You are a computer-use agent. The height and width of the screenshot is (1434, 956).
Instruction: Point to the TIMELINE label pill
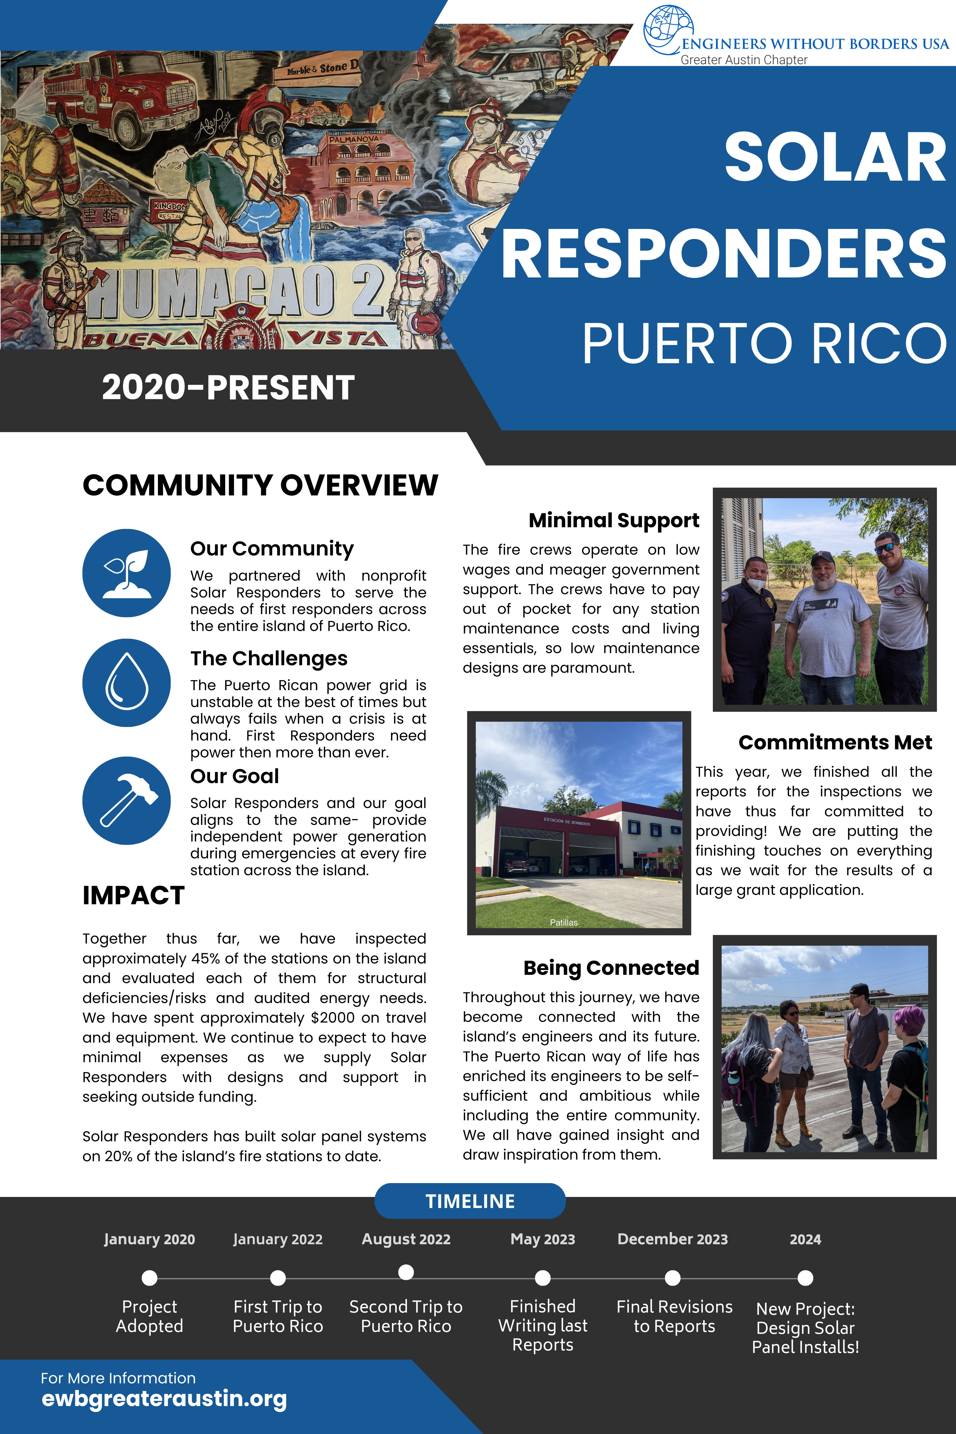click(x=469, y=1201)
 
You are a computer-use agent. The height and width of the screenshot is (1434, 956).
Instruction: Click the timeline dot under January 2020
click(x=149, y=1277)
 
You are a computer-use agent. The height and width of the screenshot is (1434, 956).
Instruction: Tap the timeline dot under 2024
click(x=806, y=1277)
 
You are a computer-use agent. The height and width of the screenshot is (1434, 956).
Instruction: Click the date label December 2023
click(x=672, y=1239)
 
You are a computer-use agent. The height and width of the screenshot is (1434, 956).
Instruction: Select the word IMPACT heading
click(x=134, y=895)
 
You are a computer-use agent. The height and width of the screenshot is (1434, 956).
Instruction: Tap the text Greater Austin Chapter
click(x=744, y=60)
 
